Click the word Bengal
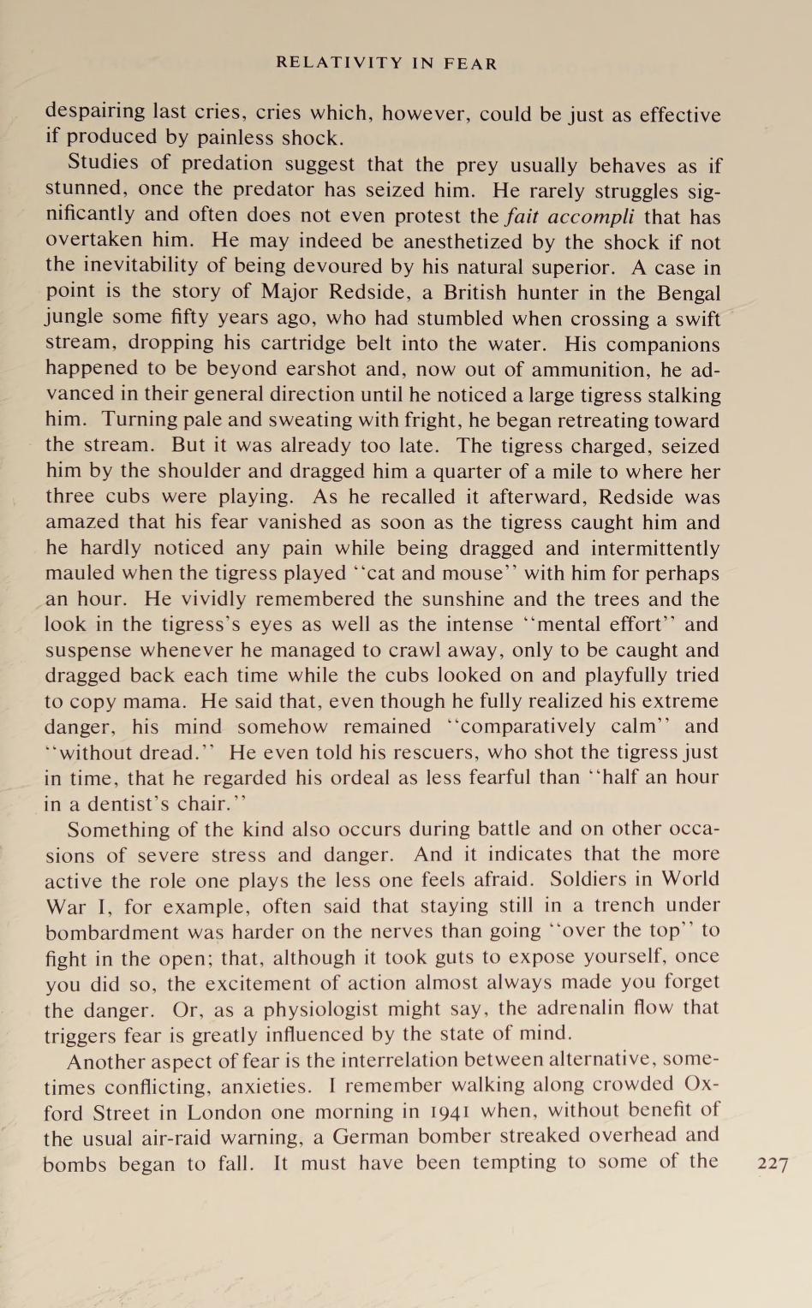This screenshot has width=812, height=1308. [689, 293]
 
